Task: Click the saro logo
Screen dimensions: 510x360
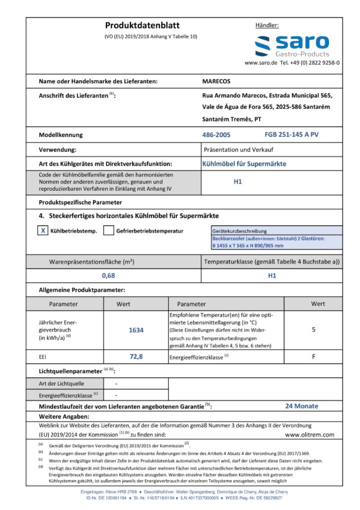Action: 292,46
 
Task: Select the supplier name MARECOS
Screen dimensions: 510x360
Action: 216,81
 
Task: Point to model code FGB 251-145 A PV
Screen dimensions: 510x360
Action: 292,135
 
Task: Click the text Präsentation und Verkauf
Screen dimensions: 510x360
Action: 238,149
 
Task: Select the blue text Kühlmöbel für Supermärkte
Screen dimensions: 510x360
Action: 244,164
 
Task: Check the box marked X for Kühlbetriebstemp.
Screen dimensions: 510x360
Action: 43,230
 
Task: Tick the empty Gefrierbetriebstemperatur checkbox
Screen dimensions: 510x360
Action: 108,230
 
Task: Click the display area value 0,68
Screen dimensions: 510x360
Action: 108,275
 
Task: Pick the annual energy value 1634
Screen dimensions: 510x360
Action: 136,330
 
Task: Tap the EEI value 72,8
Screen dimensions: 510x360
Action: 136,357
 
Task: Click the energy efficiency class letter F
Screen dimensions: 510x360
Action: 313,357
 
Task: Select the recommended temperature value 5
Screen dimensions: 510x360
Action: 313,329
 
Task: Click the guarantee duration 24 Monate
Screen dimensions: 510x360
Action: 301,406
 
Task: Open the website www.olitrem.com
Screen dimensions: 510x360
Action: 310,434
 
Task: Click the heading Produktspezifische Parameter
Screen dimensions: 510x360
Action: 80,203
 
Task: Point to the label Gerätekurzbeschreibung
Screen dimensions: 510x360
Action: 239,231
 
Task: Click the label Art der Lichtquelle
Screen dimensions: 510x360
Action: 62,384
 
